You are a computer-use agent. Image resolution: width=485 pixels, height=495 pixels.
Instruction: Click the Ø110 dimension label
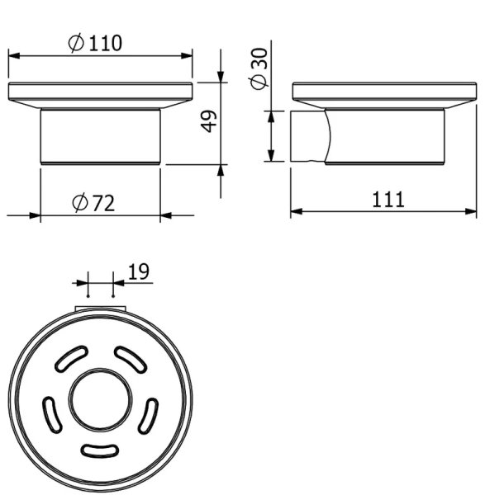point(95,43)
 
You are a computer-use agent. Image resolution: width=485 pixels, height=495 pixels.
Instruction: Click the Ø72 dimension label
point(93,203)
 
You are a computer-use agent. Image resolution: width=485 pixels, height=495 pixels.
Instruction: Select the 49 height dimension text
point(209,121)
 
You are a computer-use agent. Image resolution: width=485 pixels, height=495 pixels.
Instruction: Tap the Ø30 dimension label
point(259,68)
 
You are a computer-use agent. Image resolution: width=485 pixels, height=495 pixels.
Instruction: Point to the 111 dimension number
point(388,200)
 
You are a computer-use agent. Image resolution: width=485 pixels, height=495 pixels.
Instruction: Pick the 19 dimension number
point(139,271)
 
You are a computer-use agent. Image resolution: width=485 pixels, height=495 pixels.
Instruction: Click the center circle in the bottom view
point(100,400)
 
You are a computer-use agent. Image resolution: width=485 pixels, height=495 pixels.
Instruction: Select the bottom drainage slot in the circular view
point(100,450)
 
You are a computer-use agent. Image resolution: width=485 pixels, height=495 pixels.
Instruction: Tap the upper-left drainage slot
point(71,358)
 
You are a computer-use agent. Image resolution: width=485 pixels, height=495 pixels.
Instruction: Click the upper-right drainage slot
point(131,358)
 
